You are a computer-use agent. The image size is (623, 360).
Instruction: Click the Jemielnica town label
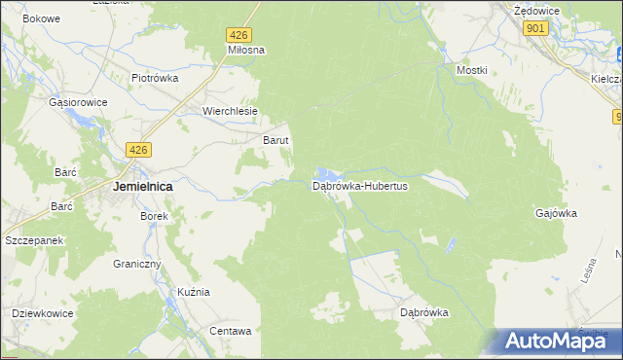pos(143,186)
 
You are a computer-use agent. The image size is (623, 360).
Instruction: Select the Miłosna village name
pos(246,50)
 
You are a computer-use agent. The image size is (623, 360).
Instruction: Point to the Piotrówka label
pos(156,78)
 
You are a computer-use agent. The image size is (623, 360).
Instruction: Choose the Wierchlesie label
pos(230,111)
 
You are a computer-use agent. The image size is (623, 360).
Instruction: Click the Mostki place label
pos(471,71)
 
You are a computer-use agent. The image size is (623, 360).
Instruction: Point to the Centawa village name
pos(231,331)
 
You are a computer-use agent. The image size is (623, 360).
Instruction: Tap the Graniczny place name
pos(135,264)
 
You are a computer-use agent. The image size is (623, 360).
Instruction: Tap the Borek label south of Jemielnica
pos(155,216)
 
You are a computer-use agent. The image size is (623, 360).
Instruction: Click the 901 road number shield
pos(534,29)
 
